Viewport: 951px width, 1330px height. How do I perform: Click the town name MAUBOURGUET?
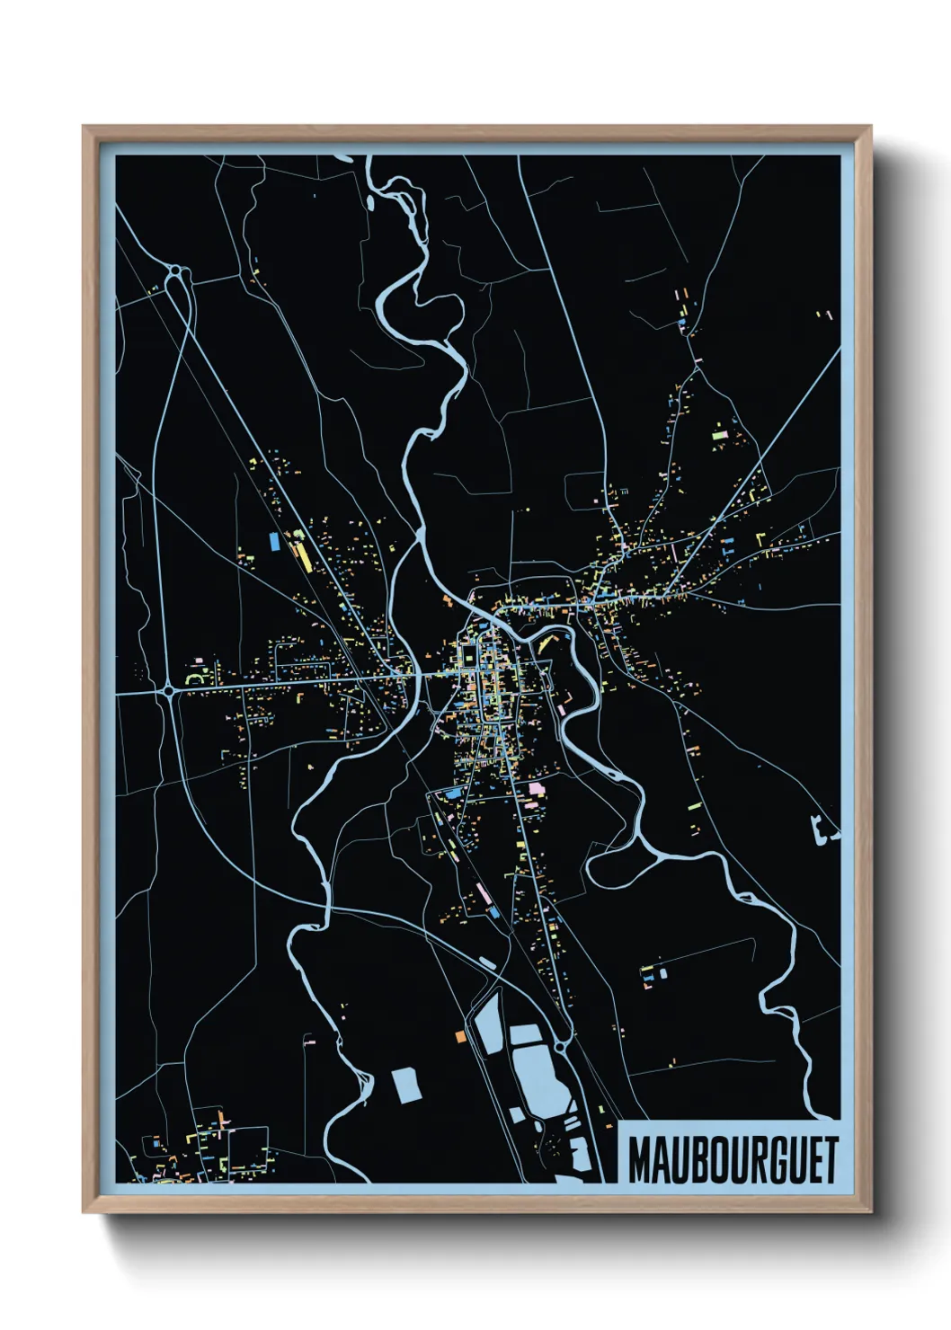(732, 1159)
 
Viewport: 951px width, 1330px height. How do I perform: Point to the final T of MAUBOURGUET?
(831, 1159)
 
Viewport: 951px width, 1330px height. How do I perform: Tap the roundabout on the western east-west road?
(169, 691)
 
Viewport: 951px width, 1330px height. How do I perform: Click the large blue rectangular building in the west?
(274, 541)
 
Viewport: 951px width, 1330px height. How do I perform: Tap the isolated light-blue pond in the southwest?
(406, 1085)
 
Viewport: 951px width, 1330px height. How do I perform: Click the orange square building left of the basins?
(459, 1036)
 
